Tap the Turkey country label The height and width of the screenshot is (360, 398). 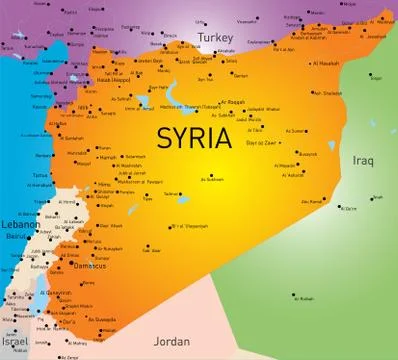[x=214, y=37]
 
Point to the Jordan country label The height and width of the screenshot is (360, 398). [x=173, y=341]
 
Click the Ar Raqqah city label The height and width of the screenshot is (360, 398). [x=231, y=101]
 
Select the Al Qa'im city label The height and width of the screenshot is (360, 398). [x=347, y=208]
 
